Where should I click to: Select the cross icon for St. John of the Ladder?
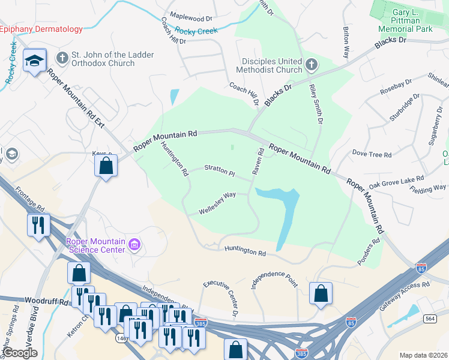click(x=61, y=58)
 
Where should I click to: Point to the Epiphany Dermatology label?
click(x=41, y=29)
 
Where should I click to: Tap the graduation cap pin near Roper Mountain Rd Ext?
click(x=35, y=61)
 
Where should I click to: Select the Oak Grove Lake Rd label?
click(x=396, y=182)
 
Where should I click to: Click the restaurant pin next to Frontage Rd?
click(x=38, y=226)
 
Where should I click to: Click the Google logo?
click(x=20, y=353)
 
